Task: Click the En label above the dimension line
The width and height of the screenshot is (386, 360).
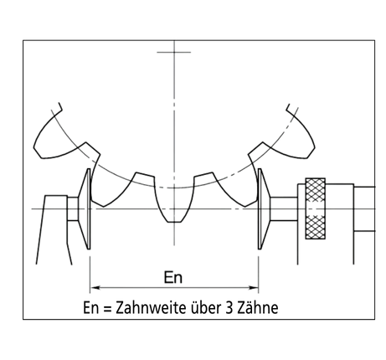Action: click(173, 277)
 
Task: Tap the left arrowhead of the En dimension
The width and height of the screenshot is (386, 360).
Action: click(95, 287)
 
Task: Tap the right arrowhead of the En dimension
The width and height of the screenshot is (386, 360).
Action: click(253, 287)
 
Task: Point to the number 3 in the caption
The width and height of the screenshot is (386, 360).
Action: click(229, 308)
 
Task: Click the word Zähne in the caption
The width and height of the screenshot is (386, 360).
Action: click(258, 307)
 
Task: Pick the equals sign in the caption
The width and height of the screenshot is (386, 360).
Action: click(107, 309)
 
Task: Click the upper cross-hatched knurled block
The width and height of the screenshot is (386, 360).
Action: click(316, 193)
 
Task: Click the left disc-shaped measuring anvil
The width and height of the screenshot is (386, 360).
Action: click(85, 208)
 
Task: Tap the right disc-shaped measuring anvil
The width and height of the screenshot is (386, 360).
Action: click(263, 208)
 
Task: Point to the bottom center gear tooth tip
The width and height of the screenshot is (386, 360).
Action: click(174, 222)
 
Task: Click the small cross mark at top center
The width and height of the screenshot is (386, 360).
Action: click(174, 52)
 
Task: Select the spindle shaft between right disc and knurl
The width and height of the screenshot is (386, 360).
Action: click(284, 208)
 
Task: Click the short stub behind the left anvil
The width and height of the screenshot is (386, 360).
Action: click(73, 208)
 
